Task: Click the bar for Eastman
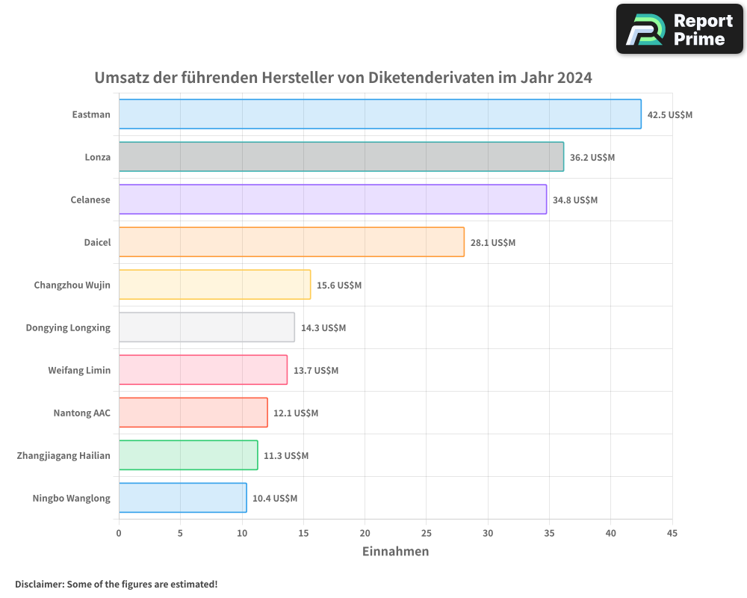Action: coord(379,114)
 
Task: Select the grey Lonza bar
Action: coord(341,157)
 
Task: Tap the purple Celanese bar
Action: coord(332,200)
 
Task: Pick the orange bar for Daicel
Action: coord(291,242)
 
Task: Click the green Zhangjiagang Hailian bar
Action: coord(188,455)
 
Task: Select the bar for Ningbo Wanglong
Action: coord(182,498)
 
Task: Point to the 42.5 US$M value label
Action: coord(670,115)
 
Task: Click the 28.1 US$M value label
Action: coord(493,243)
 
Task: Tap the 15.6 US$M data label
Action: coord(339,286)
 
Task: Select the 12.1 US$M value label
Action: coord(296,413)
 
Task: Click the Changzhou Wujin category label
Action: coord(72,285)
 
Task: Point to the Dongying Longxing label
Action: coord(68,327)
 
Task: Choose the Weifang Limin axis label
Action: coord(79,370)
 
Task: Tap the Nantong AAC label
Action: coord(81,413)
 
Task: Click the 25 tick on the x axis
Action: coord(426,533)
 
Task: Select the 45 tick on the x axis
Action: coord(672,533)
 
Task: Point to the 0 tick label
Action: coord(119,533)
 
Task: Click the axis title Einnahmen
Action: coord(395,552)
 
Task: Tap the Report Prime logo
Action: coord(680,29)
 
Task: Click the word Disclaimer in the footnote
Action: coord(39,584)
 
